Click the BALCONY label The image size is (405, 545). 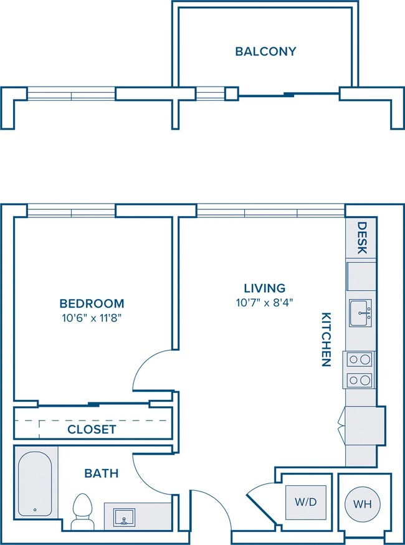[265, 52]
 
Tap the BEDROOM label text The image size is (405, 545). [92, 303]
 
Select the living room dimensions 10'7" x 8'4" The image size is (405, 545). [265, 303]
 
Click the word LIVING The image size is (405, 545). [265, 288]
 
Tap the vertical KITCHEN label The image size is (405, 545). [326, 339]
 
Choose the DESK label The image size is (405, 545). [362, 238]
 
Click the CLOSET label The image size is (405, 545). [92, 430]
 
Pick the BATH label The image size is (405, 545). [102, 473]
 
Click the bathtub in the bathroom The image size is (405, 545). [35, 483]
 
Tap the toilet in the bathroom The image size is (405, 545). [82, 511]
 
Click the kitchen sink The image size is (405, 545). [361, 313]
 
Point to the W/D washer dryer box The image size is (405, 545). [306, 502]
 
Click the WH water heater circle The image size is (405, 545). [363, 504]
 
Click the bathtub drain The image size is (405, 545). [35, 510]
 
